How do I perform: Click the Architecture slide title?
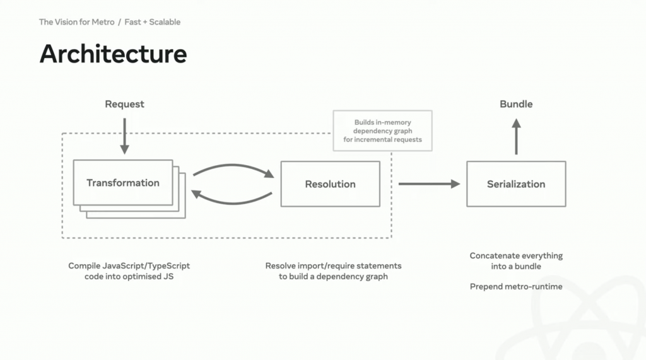[114, 54]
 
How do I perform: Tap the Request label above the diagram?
[124, 104]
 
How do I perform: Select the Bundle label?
[516, 104]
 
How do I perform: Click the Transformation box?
[123, 182]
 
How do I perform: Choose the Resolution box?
[331, 183]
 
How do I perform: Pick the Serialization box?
[516, 183]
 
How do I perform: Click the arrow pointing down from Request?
[124, 136]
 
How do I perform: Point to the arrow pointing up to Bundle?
[516, 136]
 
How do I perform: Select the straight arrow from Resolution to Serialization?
[429, 183]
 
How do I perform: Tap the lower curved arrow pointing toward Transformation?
[232, 198]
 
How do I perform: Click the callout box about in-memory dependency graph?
[383, 131]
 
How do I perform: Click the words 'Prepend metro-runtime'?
[516, 287]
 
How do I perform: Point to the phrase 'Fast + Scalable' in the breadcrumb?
[153, 22]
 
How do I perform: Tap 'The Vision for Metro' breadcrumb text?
[76, 22]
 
